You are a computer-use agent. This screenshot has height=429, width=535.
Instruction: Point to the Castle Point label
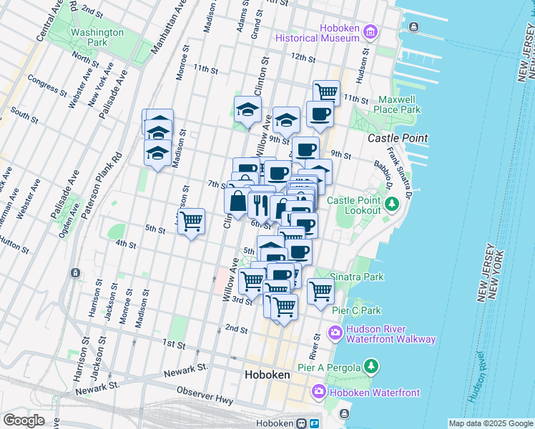pos(398,137)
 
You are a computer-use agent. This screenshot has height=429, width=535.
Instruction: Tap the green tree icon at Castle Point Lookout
pos(391,205)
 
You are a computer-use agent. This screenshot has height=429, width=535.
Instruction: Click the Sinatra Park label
pos(357,277)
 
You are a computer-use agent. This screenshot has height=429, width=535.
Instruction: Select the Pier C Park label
pos(356,310)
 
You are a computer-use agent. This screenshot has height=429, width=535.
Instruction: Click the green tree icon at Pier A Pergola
pos(370,368)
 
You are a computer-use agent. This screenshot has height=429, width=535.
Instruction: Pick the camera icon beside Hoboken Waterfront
pos(319,391)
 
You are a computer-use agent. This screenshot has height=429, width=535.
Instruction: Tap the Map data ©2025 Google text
pos(491,423)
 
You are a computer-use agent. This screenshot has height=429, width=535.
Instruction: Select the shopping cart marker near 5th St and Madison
pos(191,222)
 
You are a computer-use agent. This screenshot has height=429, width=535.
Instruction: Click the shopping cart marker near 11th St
pos(326,92)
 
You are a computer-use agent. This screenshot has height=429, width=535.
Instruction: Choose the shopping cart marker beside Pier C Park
pos(320,291)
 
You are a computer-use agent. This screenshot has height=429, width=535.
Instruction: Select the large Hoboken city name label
pos(267,375)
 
